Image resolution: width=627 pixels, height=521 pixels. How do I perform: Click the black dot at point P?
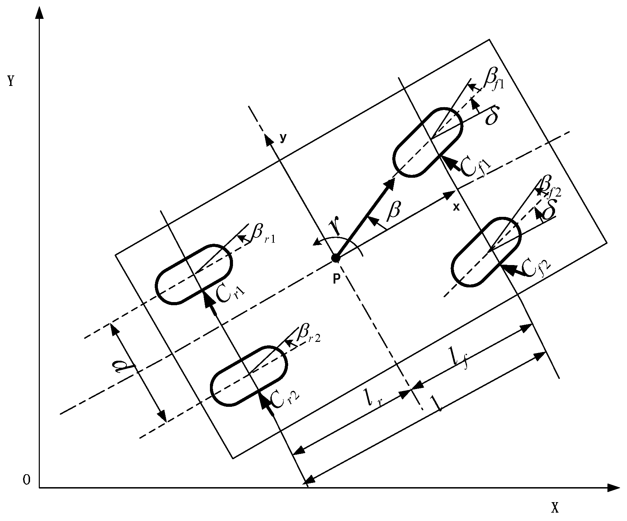[335, 258]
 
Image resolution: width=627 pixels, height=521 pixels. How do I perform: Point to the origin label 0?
[26, 480]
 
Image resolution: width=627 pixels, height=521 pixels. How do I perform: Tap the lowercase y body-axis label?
[283, 138]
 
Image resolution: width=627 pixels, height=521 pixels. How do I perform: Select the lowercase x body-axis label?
[456, 207]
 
